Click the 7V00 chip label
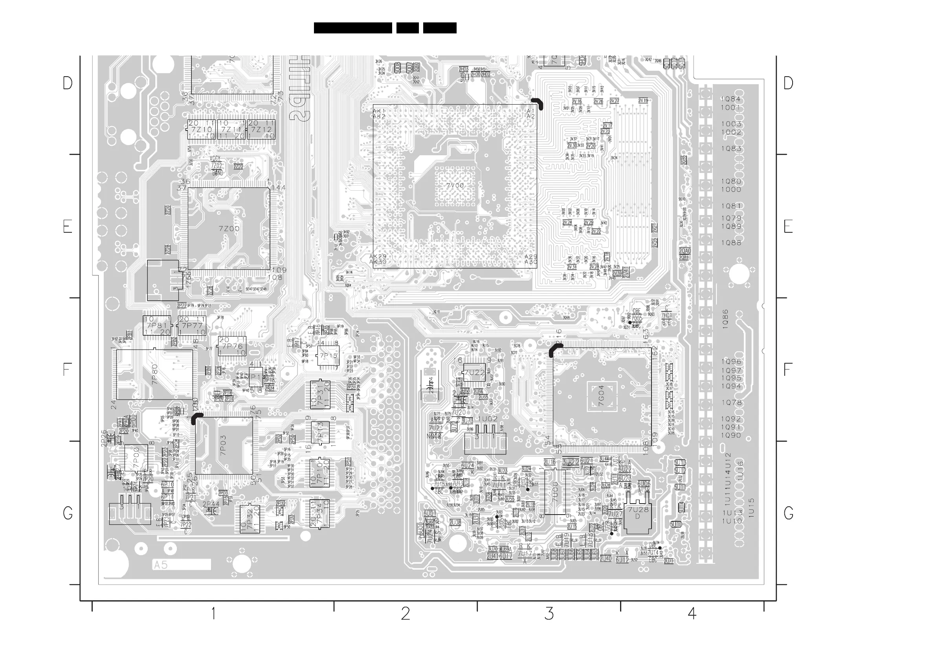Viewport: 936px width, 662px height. pos(455,186)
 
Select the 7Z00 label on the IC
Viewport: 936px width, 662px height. pos(229,229)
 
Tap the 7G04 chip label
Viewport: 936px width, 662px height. pos(601,396)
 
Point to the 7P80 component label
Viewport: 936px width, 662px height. pos(154,375)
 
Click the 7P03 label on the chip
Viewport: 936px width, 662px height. pos(223,445)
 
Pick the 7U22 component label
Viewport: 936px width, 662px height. pos(475,373)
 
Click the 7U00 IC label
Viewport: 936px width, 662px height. pos(555,491)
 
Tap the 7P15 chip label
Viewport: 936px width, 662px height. pos(329,356)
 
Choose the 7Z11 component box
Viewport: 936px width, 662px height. pos(231,129)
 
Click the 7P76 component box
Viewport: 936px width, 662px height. pos(232,346)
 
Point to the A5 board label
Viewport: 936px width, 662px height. pos(161,565)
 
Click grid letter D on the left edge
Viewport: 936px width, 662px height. pos(68,83)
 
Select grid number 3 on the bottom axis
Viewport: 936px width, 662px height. pos(549,613)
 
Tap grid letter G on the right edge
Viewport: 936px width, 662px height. pos(788,513)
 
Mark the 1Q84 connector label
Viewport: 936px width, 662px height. pos(730,99)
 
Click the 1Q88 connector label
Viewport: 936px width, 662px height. pos(731,243)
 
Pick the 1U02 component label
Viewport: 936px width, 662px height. pos(488,419)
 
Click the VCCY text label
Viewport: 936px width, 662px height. pos(215,158)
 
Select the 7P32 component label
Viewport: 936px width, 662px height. pos(250,519)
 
